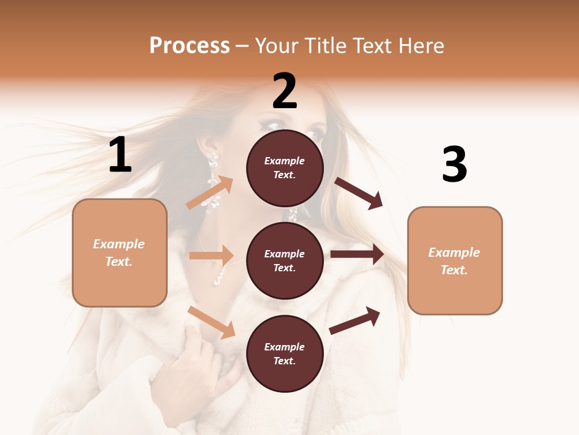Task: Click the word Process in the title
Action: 189,45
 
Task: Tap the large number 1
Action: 120,155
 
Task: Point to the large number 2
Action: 285,91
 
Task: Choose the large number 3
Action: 454,165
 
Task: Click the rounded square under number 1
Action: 119,253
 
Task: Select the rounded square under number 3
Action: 455,260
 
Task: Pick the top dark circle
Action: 285,168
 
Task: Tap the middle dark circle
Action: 285,260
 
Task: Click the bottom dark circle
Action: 285,353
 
